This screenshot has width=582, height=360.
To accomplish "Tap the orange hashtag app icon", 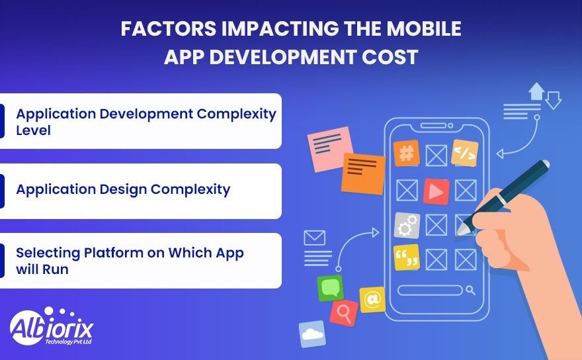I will pos(406,154).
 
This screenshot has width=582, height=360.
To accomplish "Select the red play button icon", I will pos(436,191).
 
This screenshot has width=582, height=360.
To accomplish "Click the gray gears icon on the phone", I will pos(407,225).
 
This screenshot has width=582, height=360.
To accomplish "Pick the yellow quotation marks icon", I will pos(406,257).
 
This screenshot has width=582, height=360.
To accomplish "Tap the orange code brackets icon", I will pos(464,154).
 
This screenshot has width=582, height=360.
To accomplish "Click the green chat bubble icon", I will pos(330,289).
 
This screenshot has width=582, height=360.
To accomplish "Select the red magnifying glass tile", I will pos(344,312).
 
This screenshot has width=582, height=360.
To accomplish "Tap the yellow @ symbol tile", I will pos(372,300).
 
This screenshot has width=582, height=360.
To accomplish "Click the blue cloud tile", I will pos(312,334).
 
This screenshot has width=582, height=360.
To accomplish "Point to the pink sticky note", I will pos(329,147).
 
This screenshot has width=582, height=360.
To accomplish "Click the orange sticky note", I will pos(363,173).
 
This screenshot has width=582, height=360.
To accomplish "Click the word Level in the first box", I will pos(33,130).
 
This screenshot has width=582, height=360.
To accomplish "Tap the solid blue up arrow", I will pos(536,90).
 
